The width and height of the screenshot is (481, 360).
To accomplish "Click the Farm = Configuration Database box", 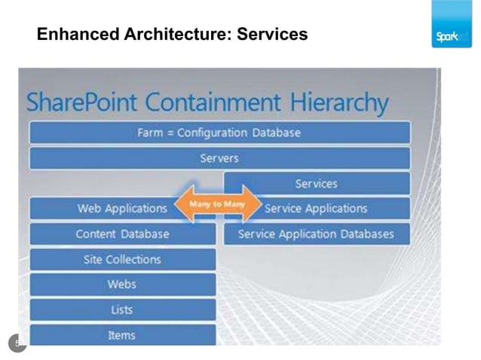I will pyautogui.click(x=219, y=133).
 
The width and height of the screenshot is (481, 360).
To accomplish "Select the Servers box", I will pyautogui.click(x=219, y=158).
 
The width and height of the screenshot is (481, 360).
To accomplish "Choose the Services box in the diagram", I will pyautogui.click(x=317, y=183).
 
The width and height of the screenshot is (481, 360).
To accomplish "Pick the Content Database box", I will pyautogui.click(x=122, y=234).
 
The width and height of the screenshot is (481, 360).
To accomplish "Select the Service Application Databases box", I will pyautogui.click(x=317, y=234).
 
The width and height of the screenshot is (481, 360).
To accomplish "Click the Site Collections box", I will pyautogui.click(x=122, y=260).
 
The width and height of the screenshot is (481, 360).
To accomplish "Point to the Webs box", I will pyautogui.click(x=122, y=285).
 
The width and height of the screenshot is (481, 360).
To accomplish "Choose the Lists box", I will pyautogui.click(x=122, y=310).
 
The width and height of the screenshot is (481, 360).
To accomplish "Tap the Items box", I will pyautogui.click(x=122, y=335).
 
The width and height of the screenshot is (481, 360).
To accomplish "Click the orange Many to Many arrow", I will pyautogui.click(x=217, y=204).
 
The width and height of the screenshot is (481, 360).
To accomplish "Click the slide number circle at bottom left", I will pyautogui.click(x=17, y=343).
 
